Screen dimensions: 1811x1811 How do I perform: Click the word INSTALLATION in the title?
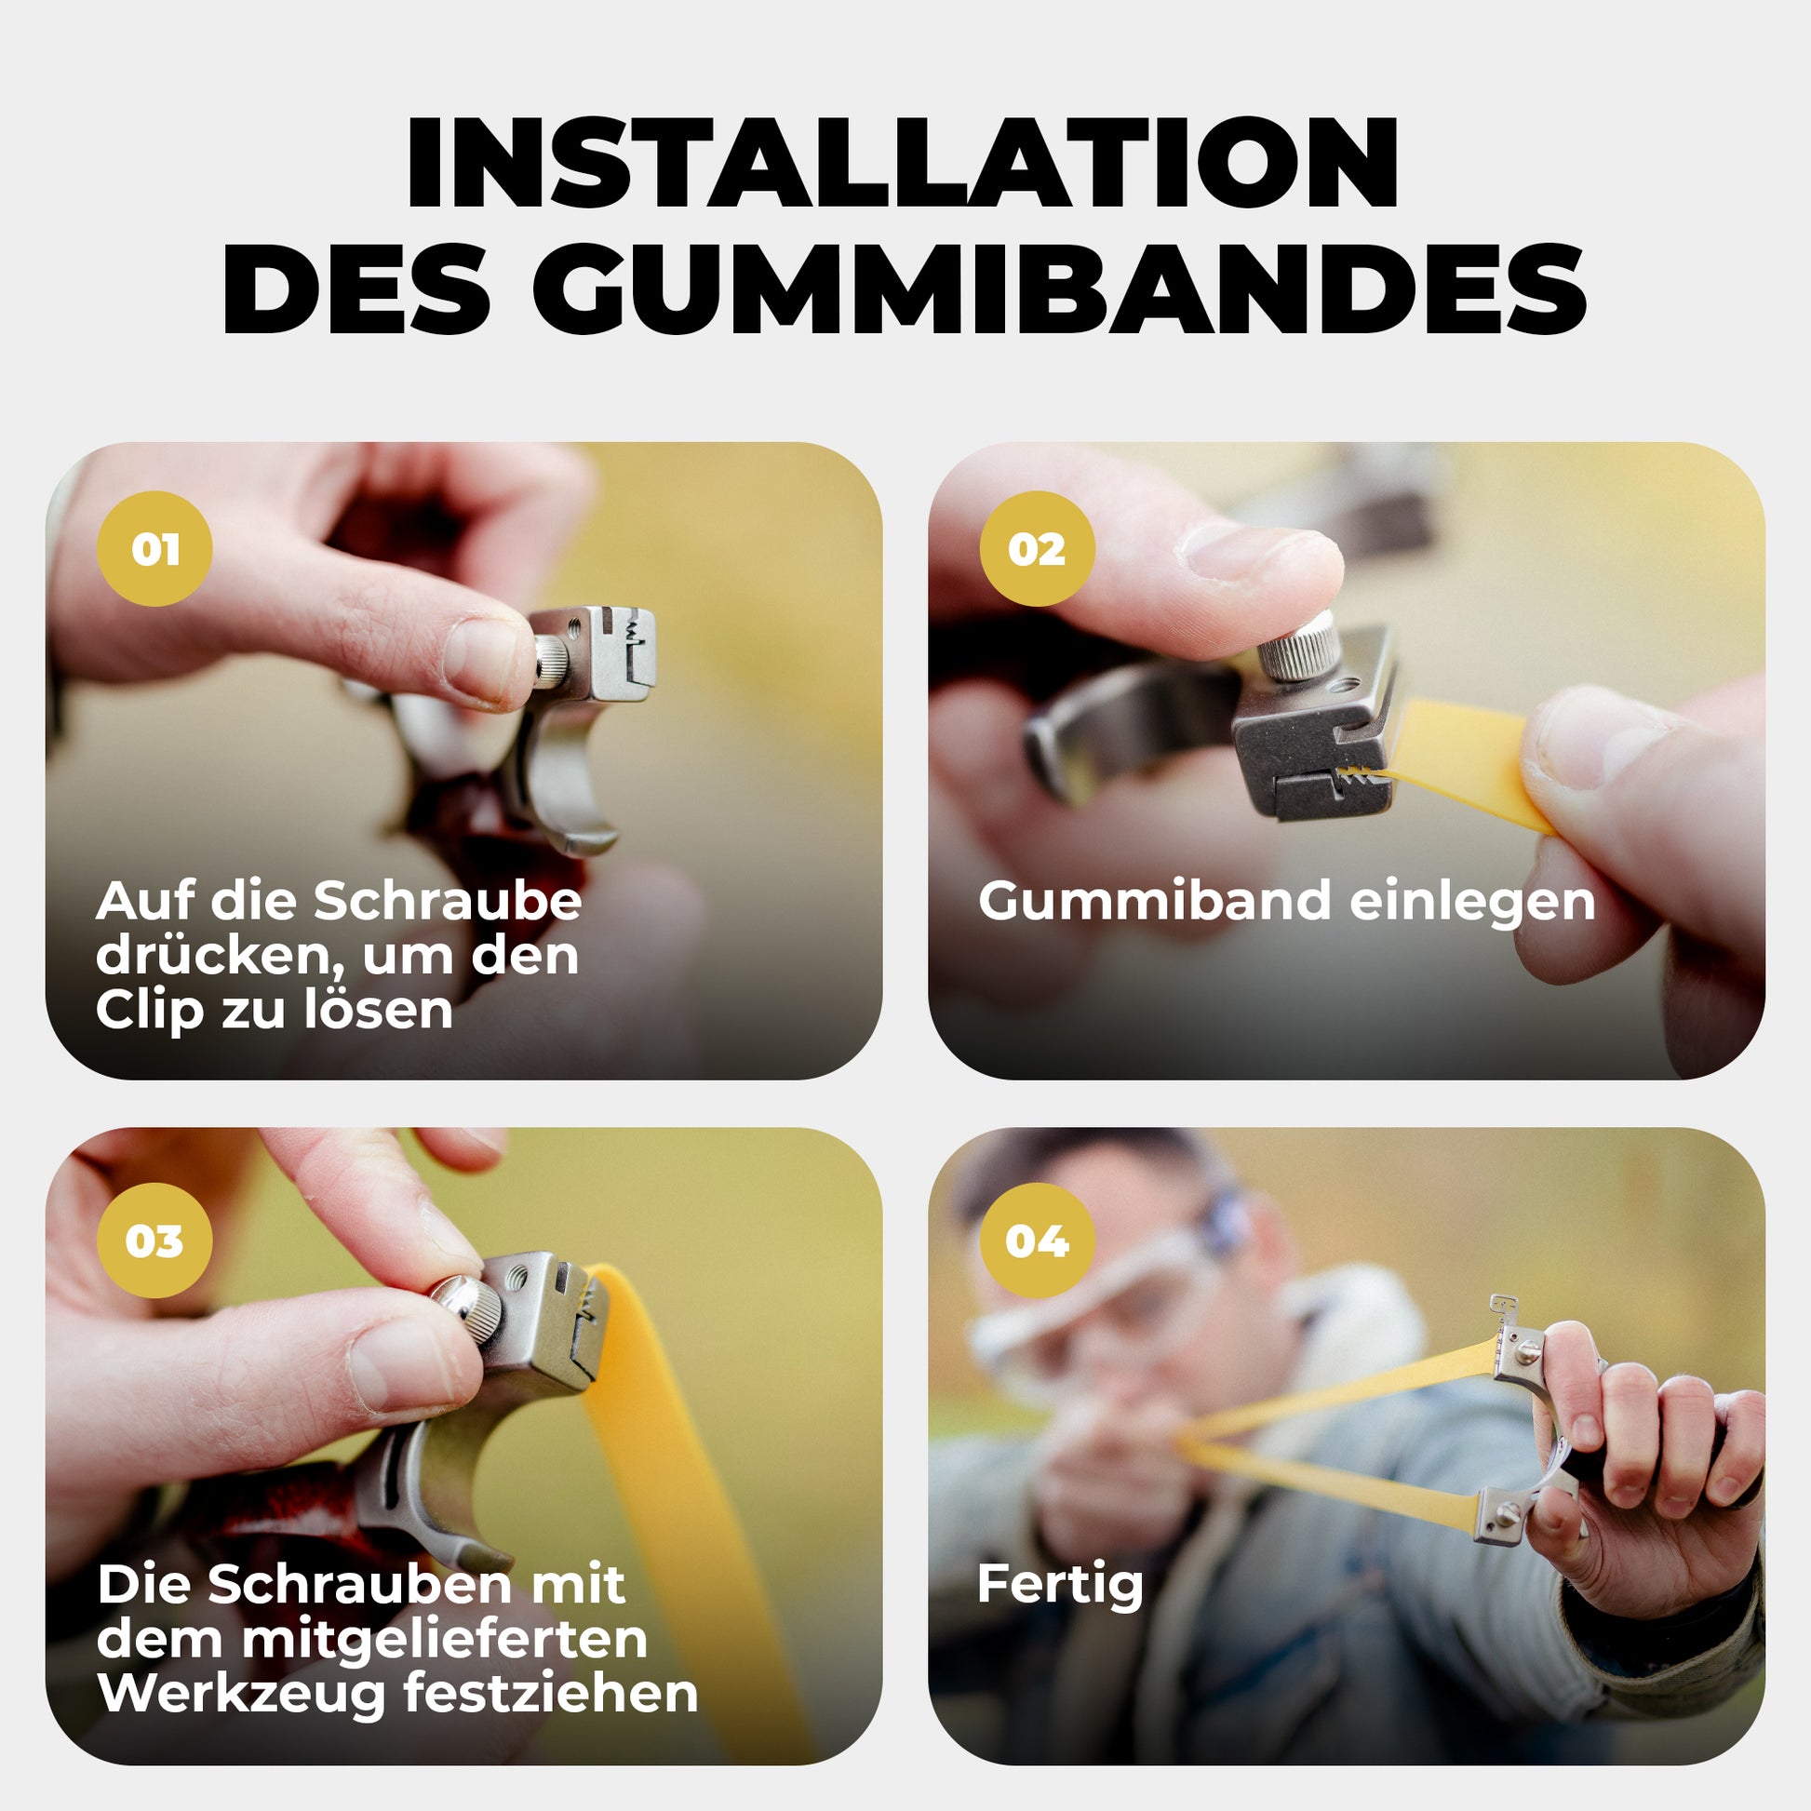[x=902, y=163]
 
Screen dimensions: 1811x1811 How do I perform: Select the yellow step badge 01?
[x=154, y=548]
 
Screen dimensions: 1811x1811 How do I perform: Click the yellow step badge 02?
[x=1037, y=548]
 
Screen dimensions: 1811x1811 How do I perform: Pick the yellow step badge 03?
[x=154, y=1241]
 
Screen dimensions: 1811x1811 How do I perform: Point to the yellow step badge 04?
[x=1037, y=1241]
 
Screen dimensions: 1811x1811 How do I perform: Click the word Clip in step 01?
[x=149, y=1012]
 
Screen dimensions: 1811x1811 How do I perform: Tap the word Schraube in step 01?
[x=447, y=901]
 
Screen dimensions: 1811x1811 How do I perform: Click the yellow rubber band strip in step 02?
[x=1462, y=764]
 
